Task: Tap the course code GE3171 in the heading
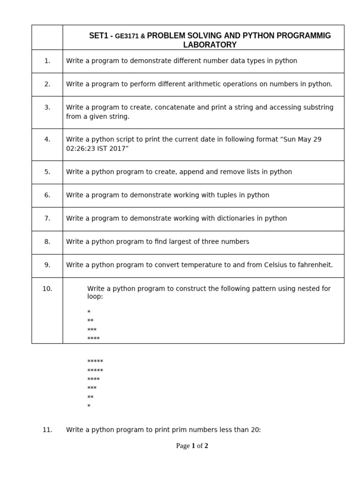click(127, 36)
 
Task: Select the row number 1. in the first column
click(47, 61)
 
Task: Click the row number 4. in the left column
click(47, 139)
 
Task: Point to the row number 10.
click(47, 289)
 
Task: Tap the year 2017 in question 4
click(119, 149)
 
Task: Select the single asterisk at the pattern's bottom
click(89, 406)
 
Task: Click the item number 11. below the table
click(47, 430)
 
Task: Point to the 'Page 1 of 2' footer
click(192, 446)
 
